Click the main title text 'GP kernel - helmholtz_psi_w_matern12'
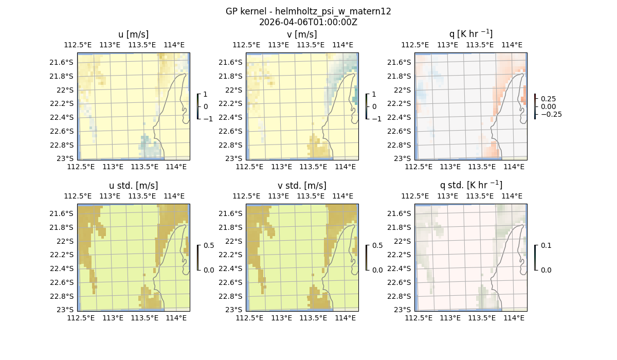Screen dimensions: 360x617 coord(308,11)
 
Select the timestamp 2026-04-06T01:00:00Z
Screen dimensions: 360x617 coord(308,22)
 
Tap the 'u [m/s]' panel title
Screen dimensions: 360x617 coord(133,34)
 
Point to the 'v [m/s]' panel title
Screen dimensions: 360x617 coord(302,34)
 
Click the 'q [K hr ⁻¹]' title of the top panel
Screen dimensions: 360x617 coord(470,34)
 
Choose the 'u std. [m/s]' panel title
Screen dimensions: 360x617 coord(133,185)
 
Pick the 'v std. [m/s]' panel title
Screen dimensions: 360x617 coord(302,185)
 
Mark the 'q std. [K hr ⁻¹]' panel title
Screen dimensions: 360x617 coord(470,185)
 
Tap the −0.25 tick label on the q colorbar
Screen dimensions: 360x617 coord(550,114)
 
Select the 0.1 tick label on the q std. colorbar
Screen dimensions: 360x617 coord(545,245)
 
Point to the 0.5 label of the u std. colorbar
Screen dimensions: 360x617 coord(209,245)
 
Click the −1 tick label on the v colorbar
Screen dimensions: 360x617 coord(376,118)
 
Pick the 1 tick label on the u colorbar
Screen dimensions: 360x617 coord(206,94)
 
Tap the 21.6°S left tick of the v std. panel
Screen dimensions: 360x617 coord(232,213)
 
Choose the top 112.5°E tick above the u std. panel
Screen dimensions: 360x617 coord(78,196)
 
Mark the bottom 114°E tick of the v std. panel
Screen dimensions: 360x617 coord(346,318)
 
